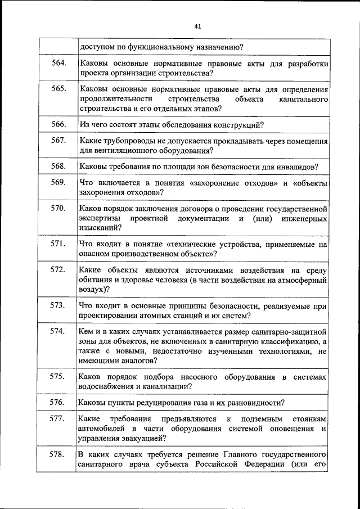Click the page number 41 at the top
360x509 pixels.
(x=197, y=26)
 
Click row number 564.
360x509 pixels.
(x=59, y=63)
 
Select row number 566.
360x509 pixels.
(x=59, y=124)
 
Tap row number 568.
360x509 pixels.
(x=59, y=166)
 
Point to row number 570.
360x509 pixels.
(x=59, y=208)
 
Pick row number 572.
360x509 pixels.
(x=59, y=270)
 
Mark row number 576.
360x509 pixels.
(x=59, y=402)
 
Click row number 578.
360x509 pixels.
(x=59, y=454)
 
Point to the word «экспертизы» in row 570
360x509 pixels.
(x=98, y=218)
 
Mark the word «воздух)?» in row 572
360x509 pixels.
(x=93, y=290)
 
